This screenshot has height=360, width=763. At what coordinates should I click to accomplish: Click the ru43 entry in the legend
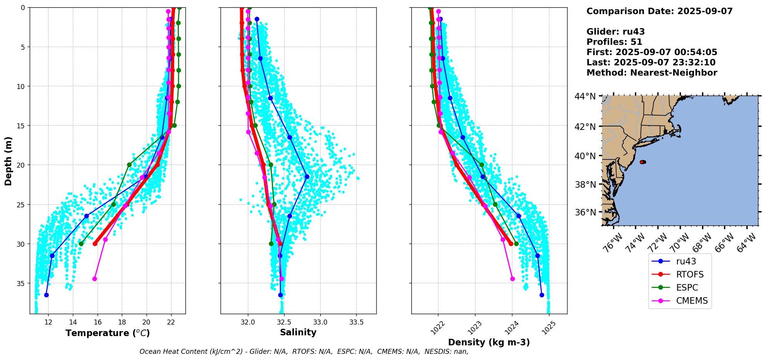[686, 261]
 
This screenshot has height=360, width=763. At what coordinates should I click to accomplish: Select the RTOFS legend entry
[690, 274]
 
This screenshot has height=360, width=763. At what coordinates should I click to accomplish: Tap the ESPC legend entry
[687, 288]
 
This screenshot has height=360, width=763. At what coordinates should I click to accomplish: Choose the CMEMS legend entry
[692, 301]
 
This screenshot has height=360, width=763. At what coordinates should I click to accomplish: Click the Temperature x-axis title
[108, 333]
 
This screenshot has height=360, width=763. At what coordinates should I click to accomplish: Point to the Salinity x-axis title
[298, 332]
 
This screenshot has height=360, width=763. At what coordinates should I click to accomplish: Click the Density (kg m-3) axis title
[489, 342]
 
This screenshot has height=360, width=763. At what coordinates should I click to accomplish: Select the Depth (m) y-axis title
[8, 161]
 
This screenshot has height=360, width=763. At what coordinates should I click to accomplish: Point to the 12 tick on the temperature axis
[48, 322]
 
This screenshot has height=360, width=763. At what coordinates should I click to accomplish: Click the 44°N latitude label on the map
[585, 96]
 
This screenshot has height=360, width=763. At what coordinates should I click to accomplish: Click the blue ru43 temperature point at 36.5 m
[46, 295]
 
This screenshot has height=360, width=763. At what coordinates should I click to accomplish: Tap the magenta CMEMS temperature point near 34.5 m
[94, 279]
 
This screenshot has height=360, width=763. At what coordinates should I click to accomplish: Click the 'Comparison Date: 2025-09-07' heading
[659, 11]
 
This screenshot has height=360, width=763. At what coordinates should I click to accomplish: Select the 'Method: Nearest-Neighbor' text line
[652, 72]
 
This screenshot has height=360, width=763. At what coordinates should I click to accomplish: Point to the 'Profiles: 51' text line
[614, 42]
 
